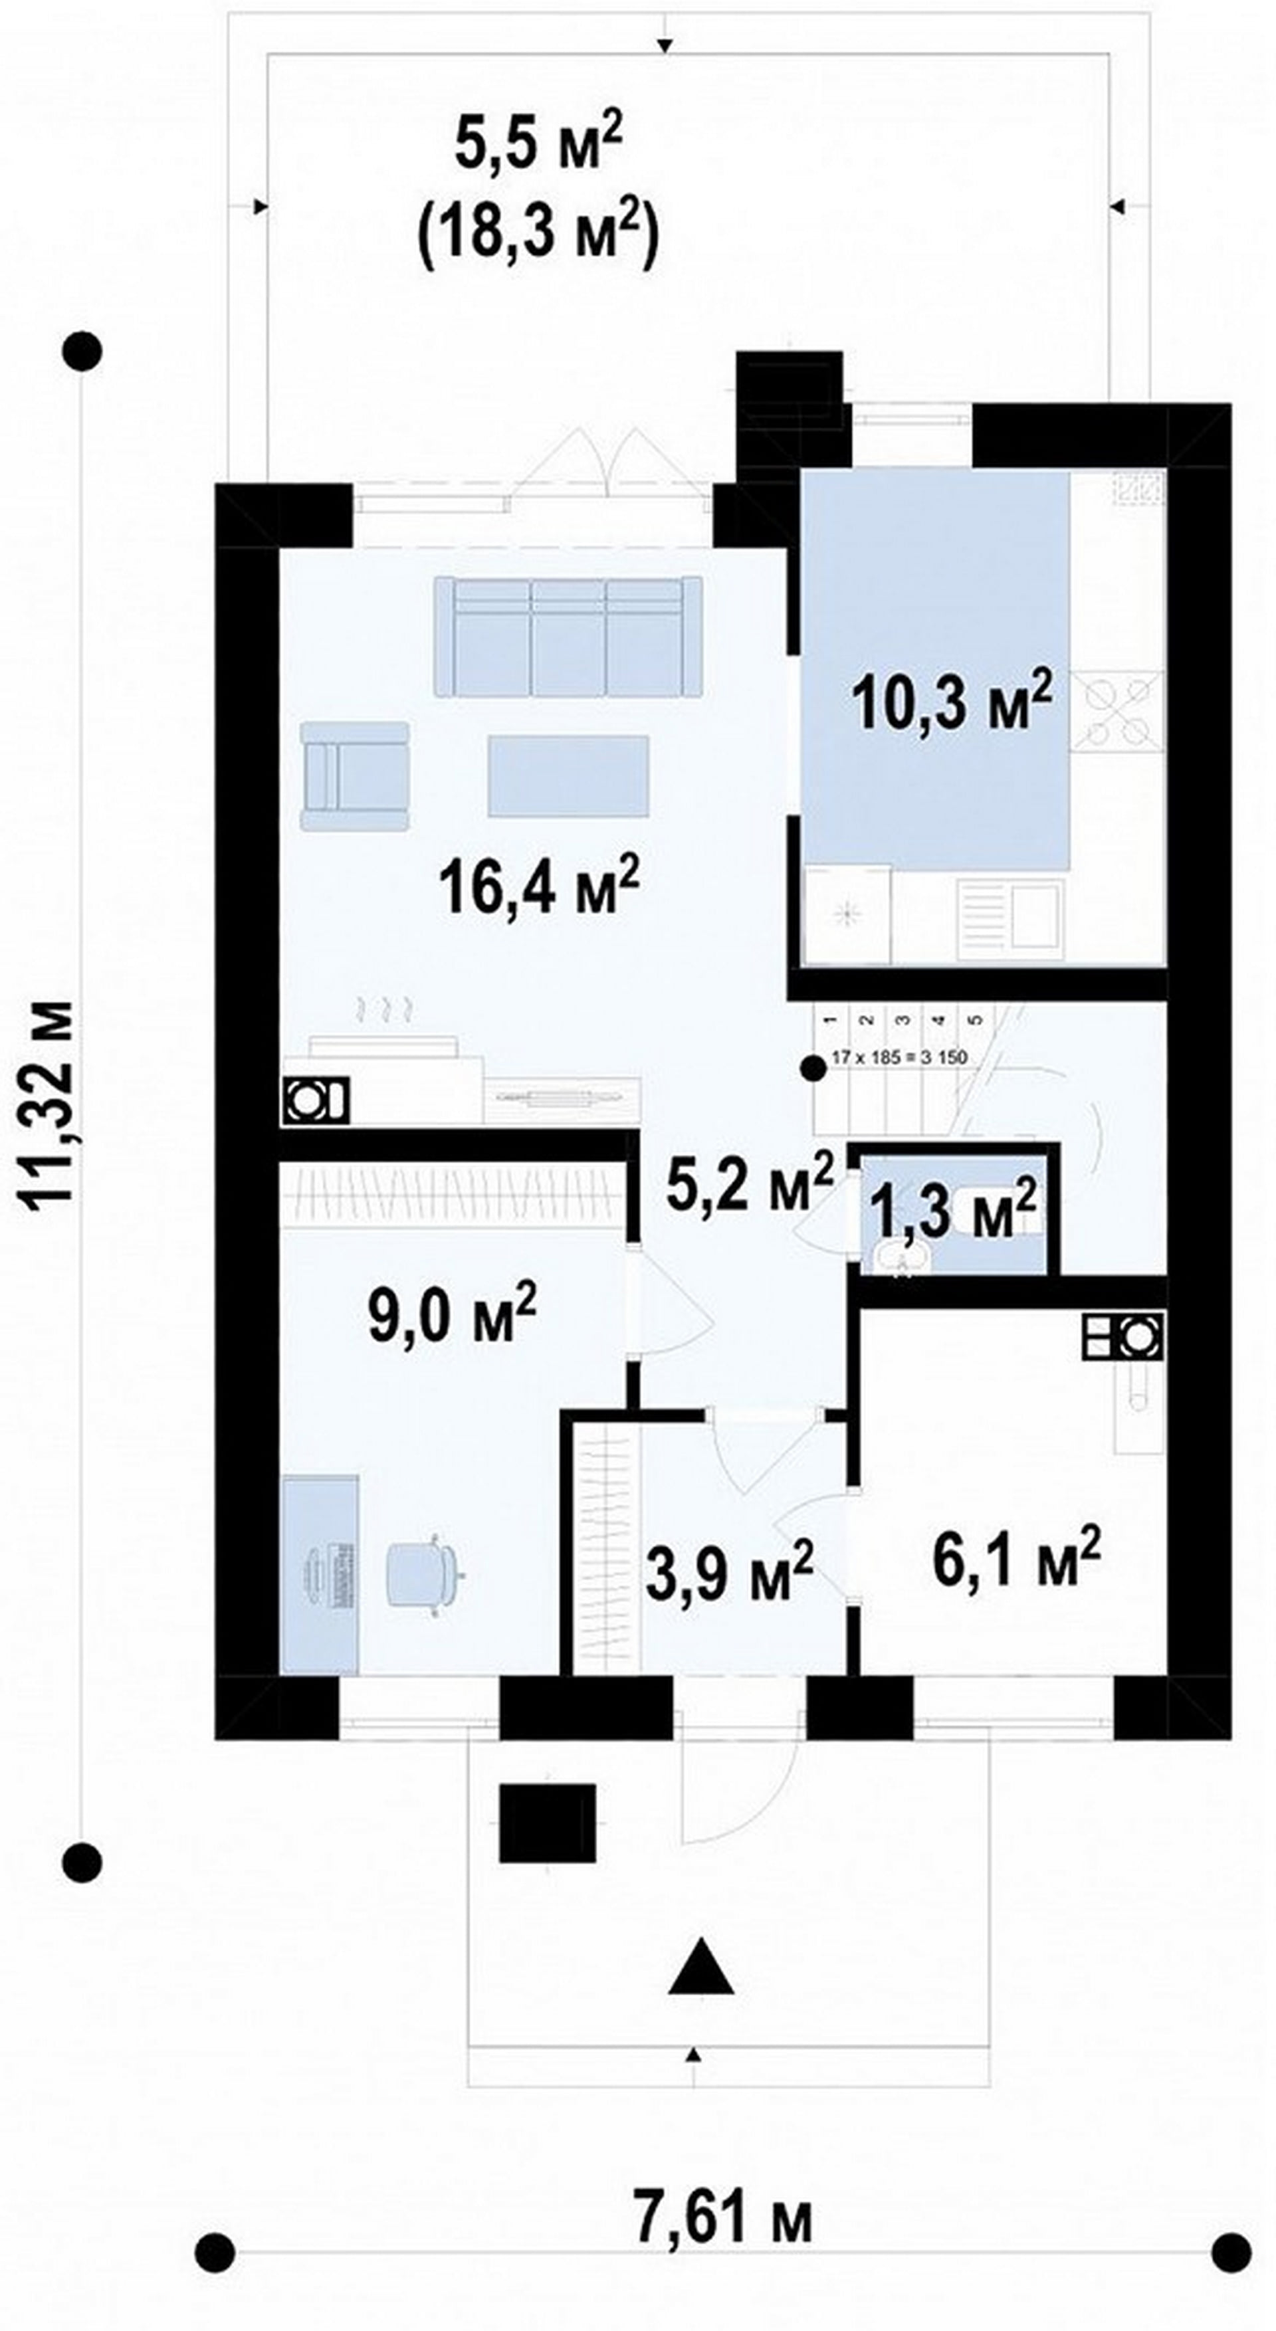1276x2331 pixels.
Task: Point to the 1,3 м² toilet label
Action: (953, 1211)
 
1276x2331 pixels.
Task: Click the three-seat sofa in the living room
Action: (568, 637)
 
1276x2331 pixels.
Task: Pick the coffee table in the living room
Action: (568, 776)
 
